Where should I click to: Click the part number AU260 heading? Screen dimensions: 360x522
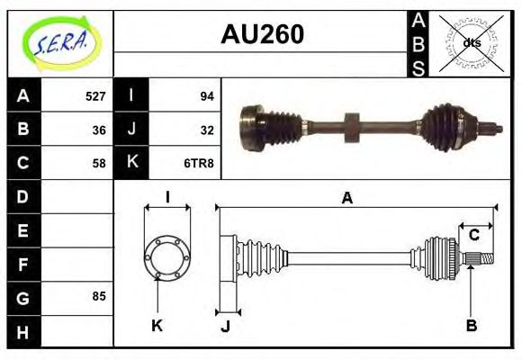(262, 35)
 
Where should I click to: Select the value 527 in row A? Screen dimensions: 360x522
(95, 95)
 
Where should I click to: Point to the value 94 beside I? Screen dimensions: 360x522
(206, 95)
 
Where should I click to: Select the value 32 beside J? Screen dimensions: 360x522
(206, 129)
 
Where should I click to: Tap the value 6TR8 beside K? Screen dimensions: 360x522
(199, 163)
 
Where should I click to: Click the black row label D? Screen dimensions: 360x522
(23, 196)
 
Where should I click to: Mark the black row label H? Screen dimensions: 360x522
(23, 330)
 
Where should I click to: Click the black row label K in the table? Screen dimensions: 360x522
(132, 163)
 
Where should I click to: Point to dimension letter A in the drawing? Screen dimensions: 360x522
(346, 198)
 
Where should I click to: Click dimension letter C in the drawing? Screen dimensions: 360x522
(473, 235)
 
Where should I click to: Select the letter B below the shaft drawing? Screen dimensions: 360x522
(470, 324)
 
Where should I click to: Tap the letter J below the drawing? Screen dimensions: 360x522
(225, 326)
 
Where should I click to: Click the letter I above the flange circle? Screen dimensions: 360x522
(167, 197)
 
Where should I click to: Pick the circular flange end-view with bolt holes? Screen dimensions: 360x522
(166, 258)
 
